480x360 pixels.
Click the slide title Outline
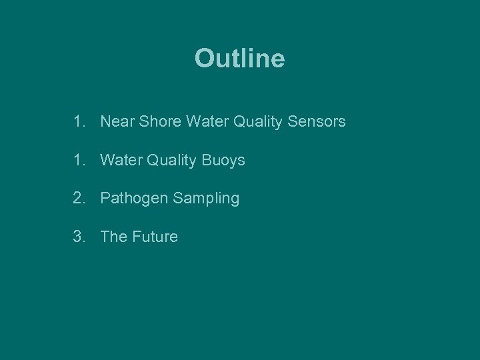[x=239, y=59]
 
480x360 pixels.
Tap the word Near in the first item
[x=116, y=122]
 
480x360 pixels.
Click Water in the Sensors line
[x=207, y=122]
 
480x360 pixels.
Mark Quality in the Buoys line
[x=172, y=160]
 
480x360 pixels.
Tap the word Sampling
[x=205, y=199]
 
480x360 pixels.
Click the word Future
[x=155, y=237]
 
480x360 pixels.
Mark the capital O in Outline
[x=203, y=59]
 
